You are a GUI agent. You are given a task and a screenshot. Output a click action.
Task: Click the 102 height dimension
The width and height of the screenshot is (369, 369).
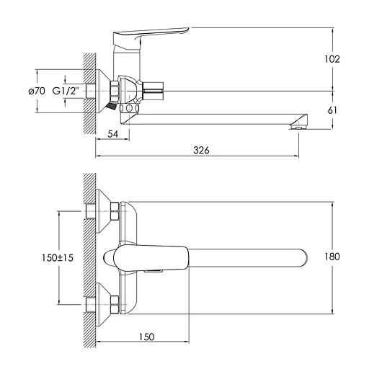click(x=332, y=59)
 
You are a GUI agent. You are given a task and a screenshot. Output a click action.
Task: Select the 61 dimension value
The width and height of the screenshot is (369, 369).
click(x=332, y=110)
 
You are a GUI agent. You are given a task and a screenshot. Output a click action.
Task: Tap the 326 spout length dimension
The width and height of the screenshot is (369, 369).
click(x=201, y=150)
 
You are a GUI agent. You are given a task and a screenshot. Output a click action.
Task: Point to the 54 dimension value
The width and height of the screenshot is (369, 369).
click(x=112, y=134)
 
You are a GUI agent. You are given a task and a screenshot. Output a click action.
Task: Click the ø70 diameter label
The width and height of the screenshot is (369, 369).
click(x=37, y=91)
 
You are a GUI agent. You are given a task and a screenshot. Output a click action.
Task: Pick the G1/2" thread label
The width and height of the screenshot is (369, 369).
click(x=66, y=91)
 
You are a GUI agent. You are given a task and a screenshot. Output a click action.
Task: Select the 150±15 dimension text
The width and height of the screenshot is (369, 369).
click(x=58, y=258)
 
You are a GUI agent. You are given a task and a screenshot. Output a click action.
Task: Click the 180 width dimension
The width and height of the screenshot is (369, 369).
click(x=332, y=257)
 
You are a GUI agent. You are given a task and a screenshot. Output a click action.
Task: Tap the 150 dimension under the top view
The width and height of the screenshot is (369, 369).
click(x=147, y=337)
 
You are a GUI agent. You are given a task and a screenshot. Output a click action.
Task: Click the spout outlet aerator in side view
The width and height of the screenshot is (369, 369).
click(x=298, y=127)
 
